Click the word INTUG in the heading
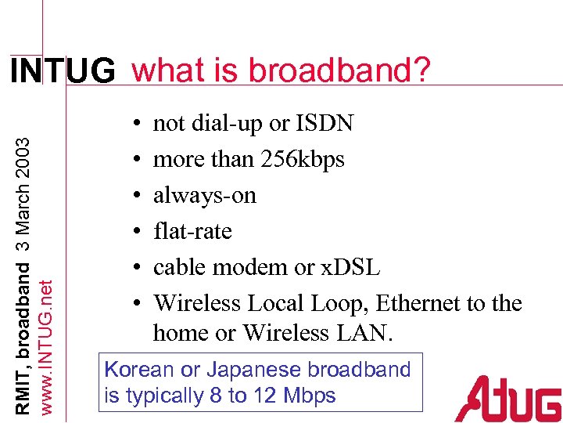(x=62, y=73)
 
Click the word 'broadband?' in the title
(x=351, y=70)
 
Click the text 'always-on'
(x=205, y=195)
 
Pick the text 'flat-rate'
(x=192, y=231)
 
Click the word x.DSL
(x=350, y=267)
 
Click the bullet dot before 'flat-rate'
(x=137, y=232)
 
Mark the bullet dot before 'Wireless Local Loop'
(x=137, y=304)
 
